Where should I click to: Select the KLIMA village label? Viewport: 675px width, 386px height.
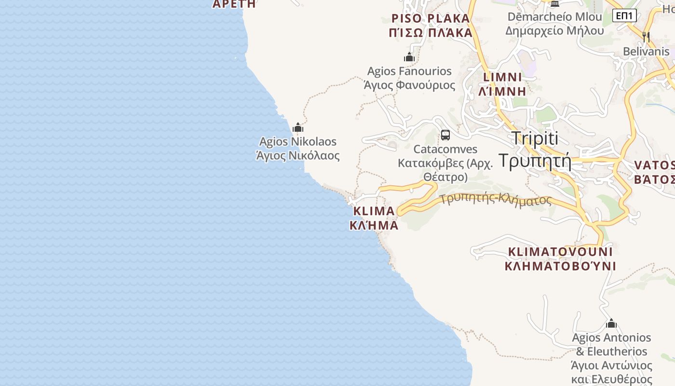tap(374, 211)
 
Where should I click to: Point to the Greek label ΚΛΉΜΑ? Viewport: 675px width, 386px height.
tap(374, 225)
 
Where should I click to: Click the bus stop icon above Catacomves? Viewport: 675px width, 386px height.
tap(445, 135)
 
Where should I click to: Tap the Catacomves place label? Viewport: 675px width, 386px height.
tap(445, 149)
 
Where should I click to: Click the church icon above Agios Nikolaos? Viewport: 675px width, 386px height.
tap(298, 127)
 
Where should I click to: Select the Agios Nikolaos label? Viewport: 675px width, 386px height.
tap(298, 142)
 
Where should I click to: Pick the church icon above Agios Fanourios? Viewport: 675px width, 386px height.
tap(409, 57)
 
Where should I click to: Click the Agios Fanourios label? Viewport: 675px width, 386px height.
tap(409, 71)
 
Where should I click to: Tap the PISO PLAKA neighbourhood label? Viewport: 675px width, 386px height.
tap(431, 18)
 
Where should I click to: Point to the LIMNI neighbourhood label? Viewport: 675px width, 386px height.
tap(502, 77)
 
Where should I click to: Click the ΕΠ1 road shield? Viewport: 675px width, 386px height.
tap(624, 15)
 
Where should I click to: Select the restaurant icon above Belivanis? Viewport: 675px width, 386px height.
tap(646, 37)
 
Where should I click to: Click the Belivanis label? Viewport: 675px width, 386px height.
tap(646, 52)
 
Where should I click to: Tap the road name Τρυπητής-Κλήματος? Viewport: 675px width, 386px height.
tap(496, 199)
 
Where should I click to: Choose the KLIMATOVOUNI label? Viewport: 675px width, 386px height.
tap(560, 252)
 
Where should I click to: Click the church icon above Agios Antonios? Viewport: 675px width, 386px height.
tap(611, 323)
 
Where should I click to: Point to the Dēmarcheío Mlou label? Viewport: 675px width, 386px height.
tap(554, 17)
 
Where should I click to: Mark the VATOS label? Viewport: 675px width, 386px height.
tap(654, 165)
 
